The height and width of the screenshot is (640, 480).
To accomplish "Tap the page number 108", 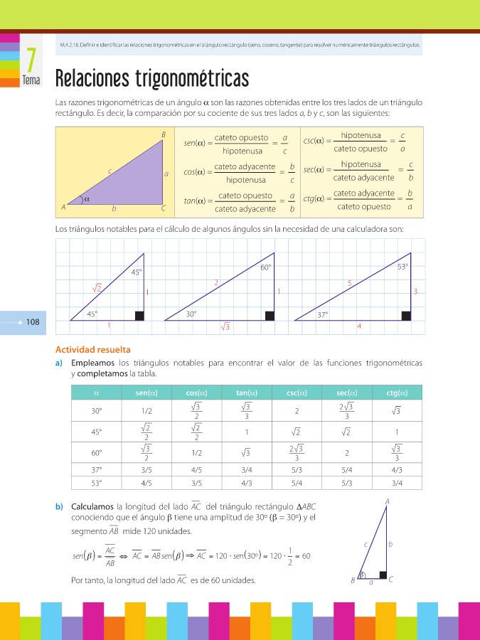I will [x=32, y=322].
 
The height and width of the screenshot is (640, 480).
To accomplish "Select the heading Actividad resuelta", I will [x=93, y=349].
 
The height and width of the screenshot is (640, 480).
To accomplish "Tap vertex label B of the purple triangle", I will [x=163, y=135].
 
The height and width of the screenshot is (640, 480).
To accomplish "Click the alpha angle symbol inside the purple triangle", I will [x=87, y=199].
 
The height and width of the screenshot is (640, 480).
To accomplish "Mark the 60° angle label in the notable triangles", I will [x=265, y=268].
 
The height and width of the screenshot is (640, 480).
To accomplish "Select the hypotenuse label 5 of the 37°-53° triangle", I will [x=349, y=283].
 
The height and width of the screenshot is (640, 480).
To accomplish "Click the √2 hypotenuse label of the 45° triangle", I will [x=97, y=287].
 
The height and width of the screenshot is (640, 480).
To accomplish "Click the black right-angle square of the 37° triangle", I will [x=405, y=316].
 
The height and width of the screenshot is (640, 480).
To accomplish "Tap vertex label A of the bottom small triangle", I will [x=387, y=502].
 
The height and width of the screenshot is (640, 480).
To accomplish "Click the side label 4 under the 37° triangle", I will [x=359, y=326].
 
